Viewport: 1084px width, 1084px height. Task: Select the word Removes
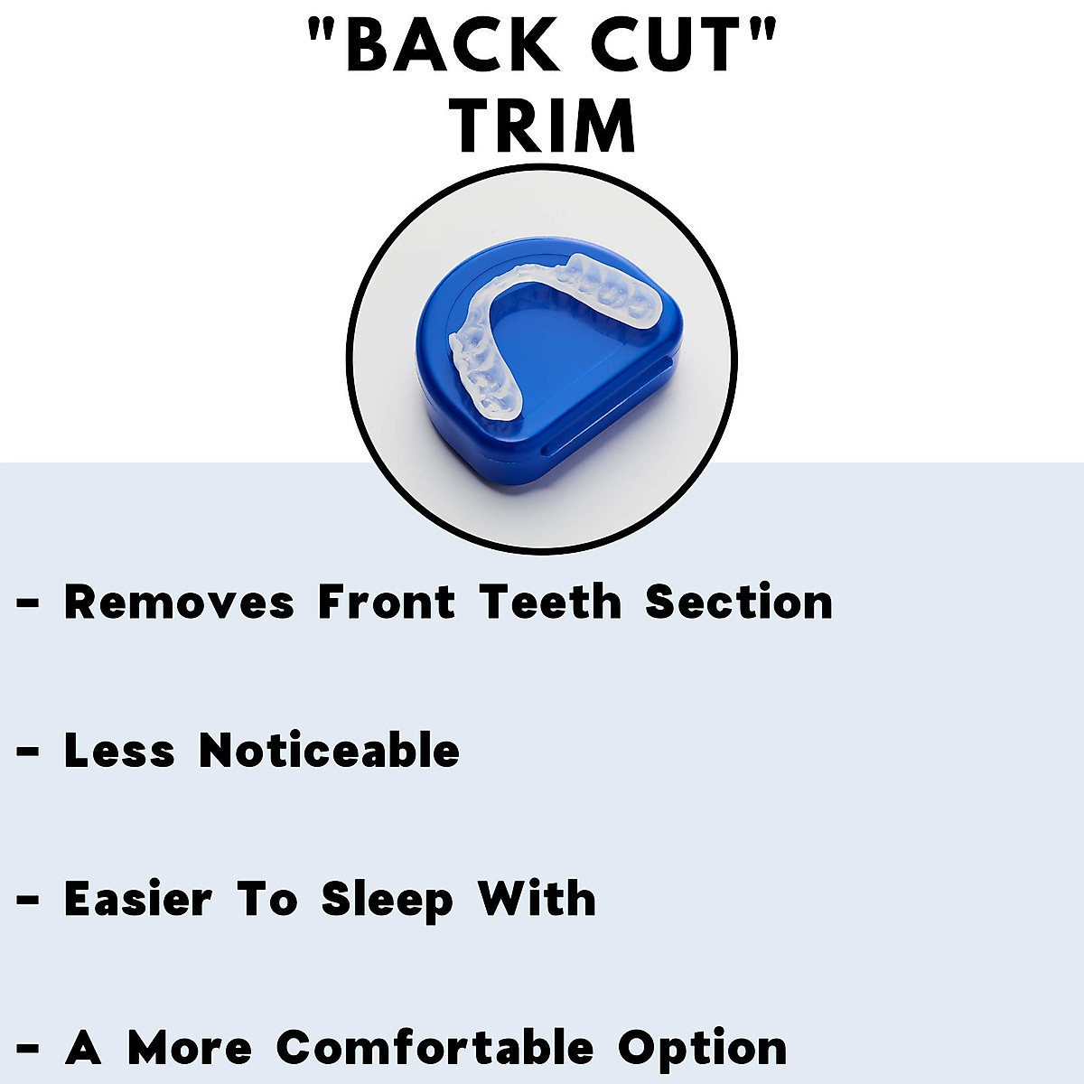coord(179,603)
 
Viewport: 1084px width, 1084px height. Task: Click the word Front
coord(386,603)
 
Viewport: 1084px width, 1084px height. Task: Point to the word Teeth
coord(550,603)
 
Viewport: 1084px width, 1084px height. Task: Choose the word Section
coord(738,603)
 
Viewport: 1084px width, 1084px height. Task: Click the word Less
coord(118,752)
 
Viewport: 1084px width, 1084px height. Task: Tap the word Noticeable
coord(329,752)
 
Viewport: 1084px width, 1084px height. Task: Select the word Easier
coord(137,900)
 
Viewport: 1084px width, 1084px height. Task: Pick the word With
coord(537,900)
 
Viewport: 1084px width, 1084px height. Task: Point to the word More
coord(189,1049)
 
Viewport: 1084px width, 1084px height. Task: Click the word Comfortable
coord(435,1049)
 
